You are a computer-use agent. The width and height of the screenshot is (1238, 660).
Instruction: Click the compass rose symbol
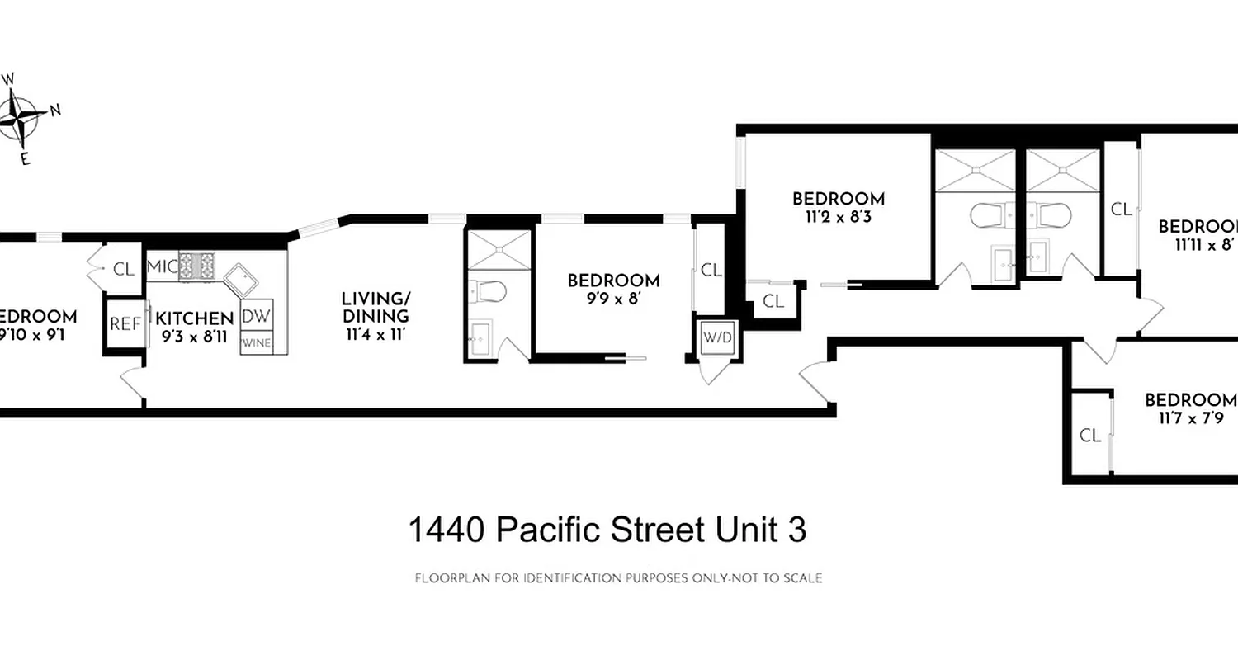coord(21,117)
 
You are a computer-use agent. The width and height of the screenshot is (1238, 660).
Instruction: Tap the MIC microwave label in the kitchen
coord(162,267)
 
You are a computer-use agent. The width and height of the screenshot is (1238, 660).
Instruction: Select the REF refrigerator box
coord(125,324)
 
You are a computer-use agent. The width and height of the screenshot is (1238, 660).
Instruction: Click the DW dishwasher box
coord(257,315)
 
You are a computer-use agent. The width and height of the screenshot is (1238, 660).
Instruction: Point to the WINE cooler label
coord(257,342)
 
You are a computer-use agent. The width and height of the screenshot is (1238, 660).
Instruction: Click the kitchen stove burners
coord(196,266)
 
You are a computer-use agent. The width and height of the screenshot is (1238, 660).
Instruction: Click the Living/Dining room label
coord(375,307)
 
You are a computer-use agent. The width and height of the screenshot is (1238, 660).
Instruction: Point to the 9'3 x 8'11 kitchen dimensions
coord(194,337)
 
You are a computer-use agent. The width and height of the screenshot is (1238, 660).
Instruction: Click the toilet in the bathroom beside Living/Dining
coord(493,290)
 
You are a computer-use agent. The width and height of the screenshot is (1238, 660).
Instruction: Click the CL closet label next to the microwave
coord(124,268)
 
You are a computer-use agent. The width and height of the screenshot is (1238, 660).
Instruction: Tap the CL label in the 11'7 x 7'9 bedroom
coord(1090,436)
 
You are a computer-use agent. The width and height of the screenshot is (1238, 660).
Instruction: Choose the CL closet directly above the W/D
coord(711,270)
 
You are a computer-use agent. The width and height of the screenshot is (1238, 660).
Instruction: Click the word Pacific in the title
coord(546,530)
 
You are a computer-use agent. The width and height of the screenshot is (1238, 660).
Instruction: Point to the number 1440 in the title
coord(445,530)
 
